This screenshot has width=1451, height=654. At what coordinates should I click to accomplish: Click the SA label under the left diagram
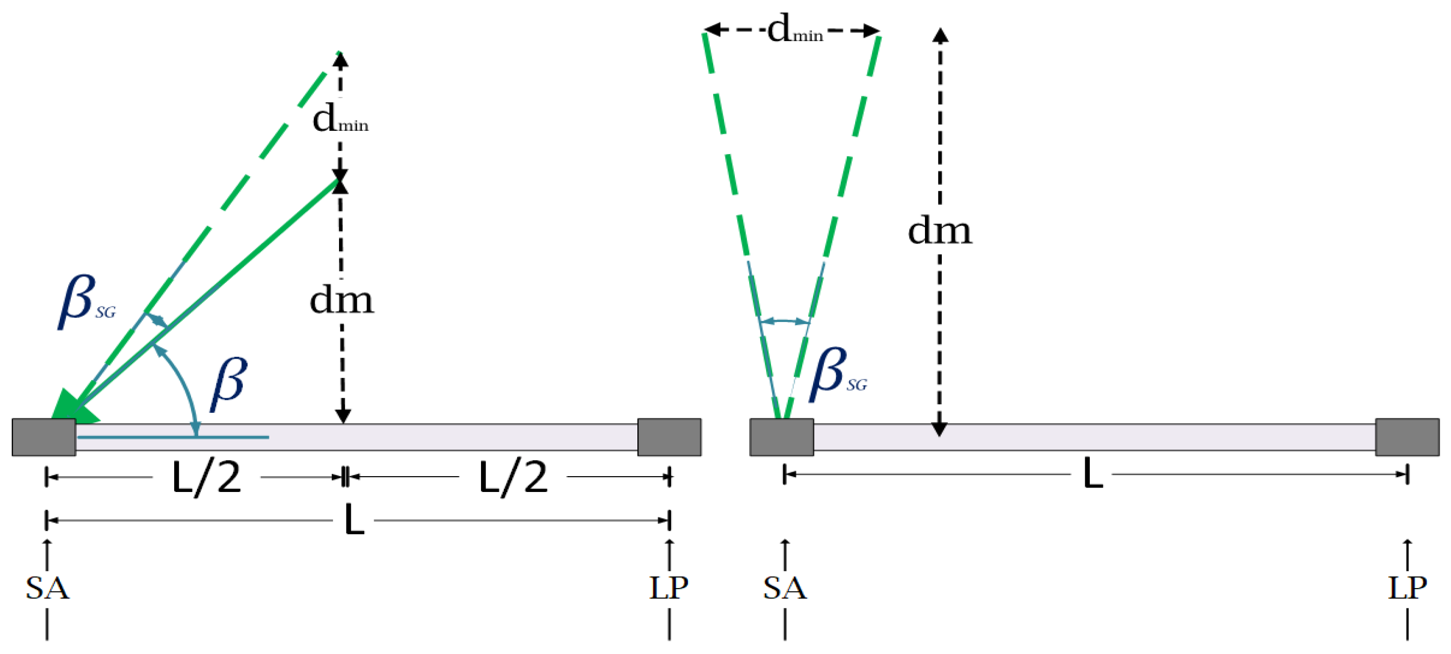click(x=48, y=588)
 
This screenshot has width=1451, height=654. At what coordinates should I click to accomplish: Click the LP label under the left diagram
click(x=669, y=588)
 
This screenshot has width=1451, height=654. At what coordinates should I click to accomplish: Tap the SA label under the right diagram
click(x=785, y=588)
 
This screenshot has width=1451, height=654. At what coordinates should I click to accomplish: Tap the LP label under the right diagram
click(x=1407, y=588)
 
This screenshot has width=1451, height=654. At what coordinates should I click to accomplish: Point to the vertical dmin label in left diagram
click(x=340, y=119)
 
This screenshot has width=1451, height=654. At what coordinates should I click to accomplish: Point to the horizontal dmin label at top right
click(x=795, y=29)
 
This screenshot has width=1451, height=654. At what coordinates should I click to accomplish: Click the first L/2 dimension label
click(x=206, y=478)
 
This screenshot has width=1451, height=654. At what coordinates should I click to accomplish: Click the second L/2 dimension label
click(x=513, y=478)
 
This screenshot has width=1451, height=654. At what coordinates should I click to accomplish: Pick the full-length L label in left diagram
click(x=354, y=520)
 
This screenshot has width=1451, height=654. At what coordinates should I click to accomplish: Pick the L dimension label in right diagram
click(x=1093, y=474)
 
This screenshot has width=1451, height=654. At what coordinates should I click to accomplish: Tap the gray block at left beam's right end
click(x=669, y=437)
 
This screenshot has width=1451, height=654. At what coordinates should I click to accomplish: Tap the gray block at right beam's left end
click(x=781, y=437)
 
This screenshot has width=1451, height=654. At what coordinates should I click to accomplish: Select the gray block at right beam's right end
click(x=1407, y=437)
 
